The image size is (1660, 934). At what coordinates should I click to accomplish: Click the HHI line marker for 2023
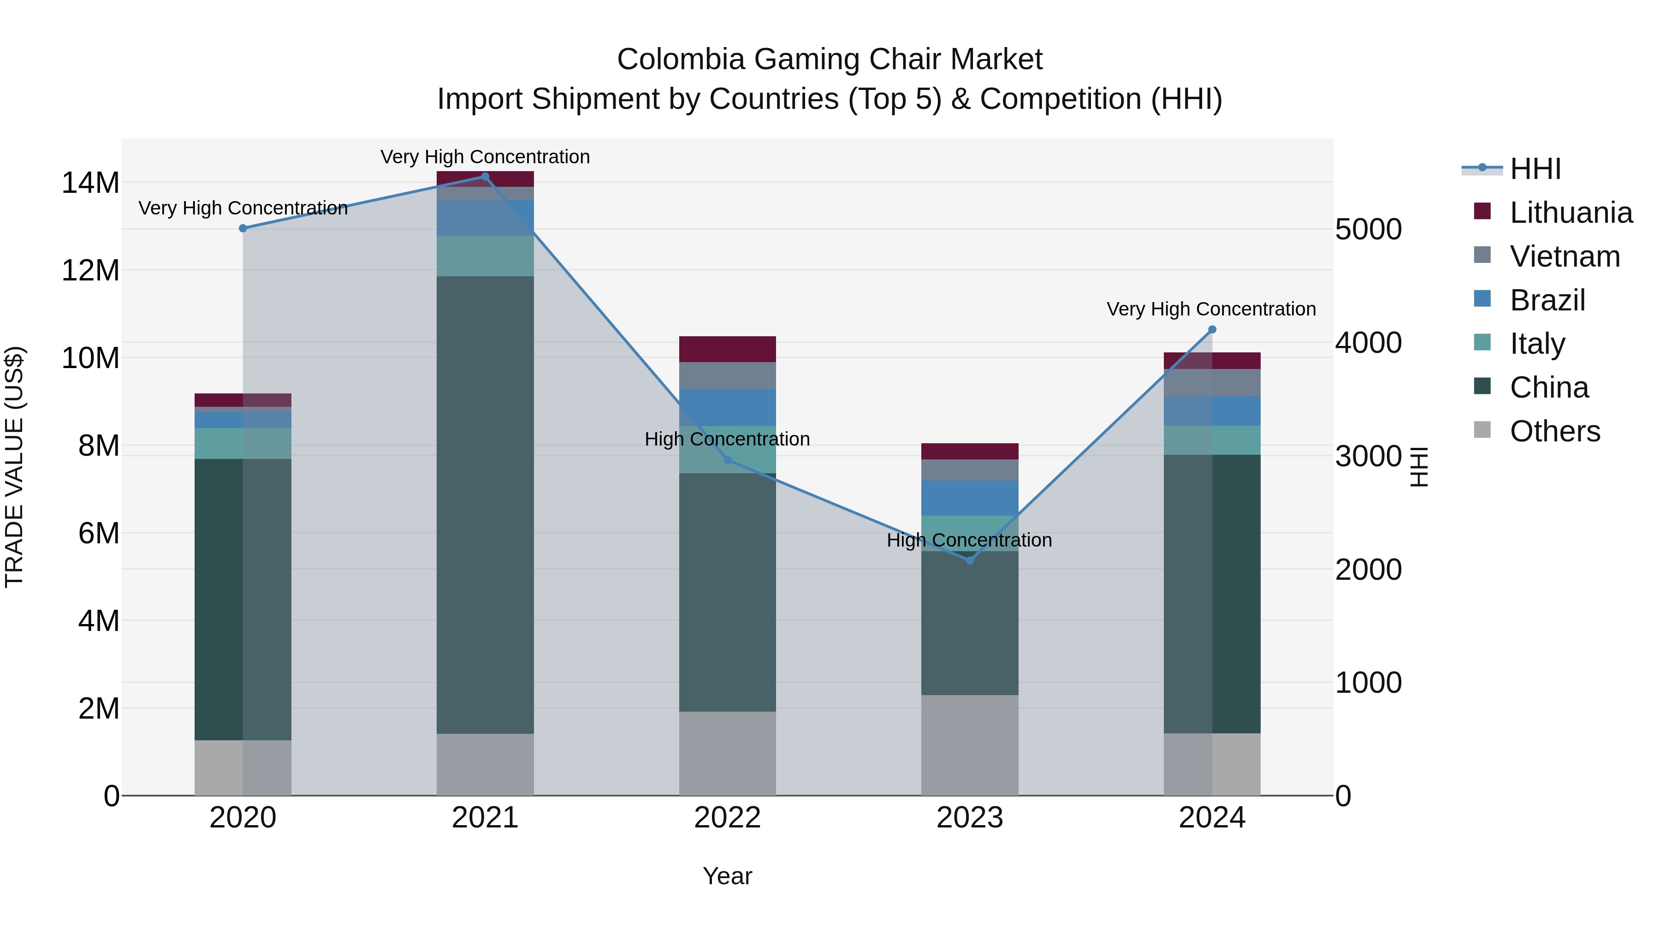(x=969, y=560)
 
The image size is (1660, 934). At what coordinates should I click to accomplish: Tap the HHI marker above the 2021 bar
(x=485, y=177)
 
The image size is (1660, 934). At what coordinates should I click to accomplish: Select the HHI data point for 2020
(x=243, y=228)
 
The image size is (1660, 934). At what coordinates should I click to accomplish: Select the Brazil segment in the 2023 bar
(x=969, y=498)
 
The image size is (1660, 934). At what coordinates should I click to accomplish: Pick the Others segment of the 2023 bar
(x=969, y=744)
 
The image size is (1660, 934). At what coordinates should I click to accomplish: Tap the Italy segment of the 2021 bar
(x=485, y=256)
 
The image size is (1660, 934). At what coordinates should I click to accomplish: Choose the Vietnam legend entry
(x=1564, y=256)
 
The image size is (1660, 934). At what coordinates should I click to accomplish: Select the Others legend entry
(x=1554, y=431)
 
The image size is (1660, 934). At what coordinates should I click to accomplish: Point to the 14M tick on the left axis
(x=90, y=183)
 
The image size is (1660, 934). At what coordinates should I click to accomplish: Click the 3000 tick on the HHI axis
(x=1368, y=456)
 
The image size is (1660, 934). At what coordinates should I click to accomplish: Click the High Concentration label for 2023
(x=969, y=540)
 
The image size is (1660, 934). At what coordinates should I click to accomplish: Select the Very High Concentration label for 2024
(x=1211, y=309)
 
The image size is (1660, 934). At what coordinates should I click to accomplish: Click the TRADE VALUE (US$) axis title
(x=14, y=467)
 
